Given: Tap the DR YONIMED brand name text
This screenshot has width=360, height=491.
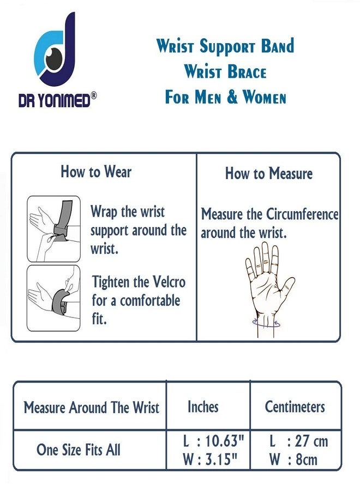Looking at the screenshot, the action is (54, 101).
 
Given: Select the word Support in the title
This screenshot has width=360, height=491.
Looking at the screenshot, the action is (227, 46).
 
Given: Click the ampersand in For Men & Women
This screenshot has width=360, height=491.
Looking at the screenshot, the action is (232, 97).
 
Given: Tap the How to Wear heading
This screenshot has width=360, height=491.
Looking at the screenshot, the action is (96, 172).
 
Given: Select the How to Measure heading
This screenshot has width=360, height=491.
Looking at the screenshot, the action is (269, 173).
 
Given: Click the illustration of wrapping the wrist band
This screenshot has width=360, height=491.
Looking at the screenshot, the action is (53, 229).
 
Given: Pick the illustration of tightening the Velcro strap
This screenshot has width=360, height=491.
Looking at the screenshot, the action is (53, 298).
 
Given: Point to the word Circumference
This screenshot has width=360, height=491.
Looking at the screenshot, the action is (302, 214).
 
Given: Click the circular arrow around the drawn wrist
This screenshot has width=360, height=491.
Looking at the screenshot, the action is (266, 324).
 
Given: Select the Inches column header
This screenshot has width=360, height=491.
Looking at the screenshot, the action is (203, 407).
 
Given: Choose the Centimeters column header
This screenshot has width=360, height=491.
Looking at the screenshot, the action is (295, 407).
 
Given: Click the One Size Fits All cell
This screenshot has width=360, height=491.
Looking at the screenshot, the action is (78, 450).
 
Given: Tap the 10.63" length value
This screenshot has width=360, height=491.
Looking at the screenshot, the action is (224, 441).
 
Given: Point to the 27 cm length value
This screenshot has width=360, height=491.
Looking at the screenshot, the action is (311, 441).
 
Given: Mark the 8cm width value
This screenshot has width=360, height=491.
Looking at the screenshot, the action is (307, 459).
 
